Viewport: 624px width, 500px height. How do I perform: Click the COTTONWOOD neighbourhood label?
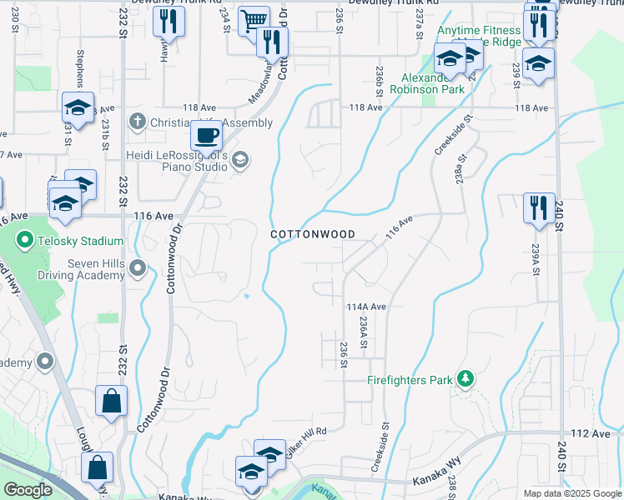(x=313, y=235)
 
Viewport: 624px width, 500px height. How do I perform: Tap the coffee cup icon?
(x=206, y=134)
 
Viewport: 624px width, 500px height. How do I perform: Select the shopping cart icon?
(x=254, y=20)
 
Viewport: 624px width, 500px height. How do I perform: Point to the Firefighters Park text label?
(x=410, y=380)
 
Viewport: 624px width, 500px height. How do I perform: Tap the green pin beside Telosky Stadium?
(x=25, y=242)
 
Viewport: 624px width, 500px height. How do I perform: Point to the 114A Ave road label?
(x=366, y=307)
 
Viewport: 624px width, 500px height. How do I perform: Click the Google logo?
(x=28, y=491)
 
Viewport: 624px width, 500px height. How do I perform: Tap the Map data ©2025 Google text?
(x=571, y=493)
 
